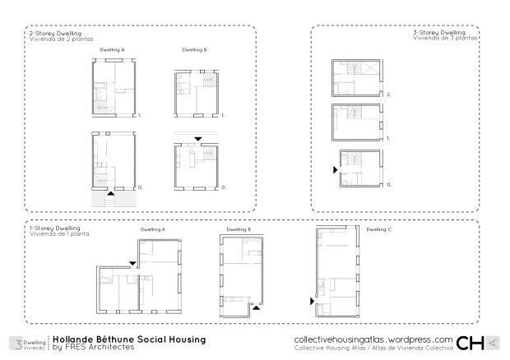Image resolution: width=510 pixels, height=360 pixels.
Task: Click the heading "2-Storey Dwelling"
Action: coord(55,33)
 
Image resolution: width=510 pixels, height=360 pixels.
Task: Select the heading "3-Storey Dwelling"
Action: coord(439,33)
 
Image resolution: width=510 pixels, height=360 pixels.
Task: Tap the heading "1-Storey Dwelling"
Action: coord(54,228)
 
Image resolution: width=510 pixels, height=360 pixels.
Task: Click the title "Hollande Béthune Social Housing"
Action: coord(129,339)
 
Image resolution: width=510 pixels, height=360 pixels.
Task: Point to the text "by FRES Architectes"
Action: coord(93,347)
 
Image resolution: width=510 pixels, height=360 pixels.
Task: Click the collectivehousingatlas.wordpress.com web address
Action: coord(373,339)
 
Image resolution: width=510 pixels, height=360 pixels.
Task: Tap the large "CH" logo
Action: coord(470,343)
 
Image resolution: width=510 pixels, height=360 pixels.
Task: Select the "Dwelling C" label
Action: coord(379,229)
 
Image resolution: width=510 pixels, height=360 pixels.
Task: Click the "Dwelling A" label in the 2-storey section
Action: coord(112,49)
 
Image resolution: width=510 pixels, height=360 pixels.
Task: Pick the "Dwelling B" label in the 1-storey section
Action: coord(239,229)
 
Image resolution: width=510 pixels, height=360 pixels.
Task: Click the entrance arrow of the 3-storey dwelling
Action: coord(336,169)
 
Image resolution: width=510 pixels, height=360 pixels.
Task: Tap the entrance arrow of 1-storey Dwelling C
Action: coord(313,301)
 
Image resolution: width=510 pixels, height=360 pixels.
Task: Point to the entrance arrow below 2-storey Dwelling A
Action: coord(111,194)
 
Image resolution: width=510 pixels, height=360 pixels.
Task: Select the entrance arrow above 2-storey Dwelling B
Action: coord(197,139)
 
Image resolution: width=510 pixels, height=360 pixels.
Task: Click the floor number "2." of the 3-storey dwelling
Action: coord(389,95)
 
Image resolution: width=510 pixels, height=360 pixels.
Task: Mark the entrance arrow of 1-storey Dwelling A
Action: coord(132,263)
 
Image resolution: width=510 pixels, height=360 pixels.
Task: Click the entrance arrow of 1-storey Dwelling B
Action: coord(257,307)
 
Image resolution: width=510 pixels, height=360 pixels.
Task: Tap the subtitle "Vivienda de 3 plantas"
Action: coord(445,38)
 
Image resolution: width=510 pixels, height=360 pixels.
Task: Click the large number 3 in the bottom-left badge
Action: coord(19,344)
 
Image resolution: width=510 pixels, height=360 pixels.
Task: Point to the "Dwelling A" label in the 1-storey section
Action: coord(152,229)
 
